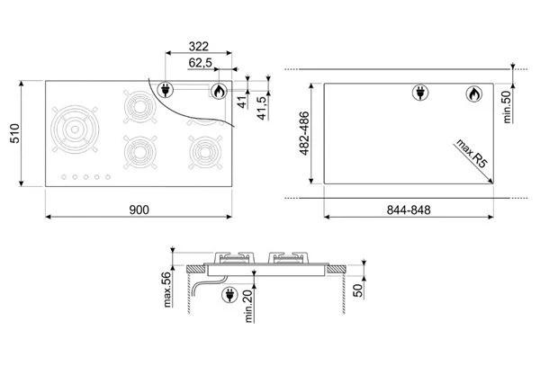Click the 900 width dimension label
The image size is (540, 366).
click(139, 210)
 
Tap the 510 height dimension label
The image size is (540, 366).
click(15, 133)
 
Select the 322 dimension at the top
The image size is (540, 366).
click(199, 47)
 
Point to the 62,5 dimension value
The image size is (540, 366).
click(200, 63)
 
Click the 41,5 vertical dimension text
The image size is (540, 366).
click(263, 108)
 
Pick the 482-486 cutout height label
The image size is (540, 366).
click(304, 133)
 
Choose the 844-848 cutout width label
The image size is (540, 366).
click(409, 210)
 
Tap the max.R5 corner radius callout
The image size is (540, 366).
click(472, 154)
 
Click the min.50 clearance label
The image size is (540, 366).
click(507, 107)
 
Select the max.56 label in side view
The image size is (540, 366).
click(167, 290)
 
